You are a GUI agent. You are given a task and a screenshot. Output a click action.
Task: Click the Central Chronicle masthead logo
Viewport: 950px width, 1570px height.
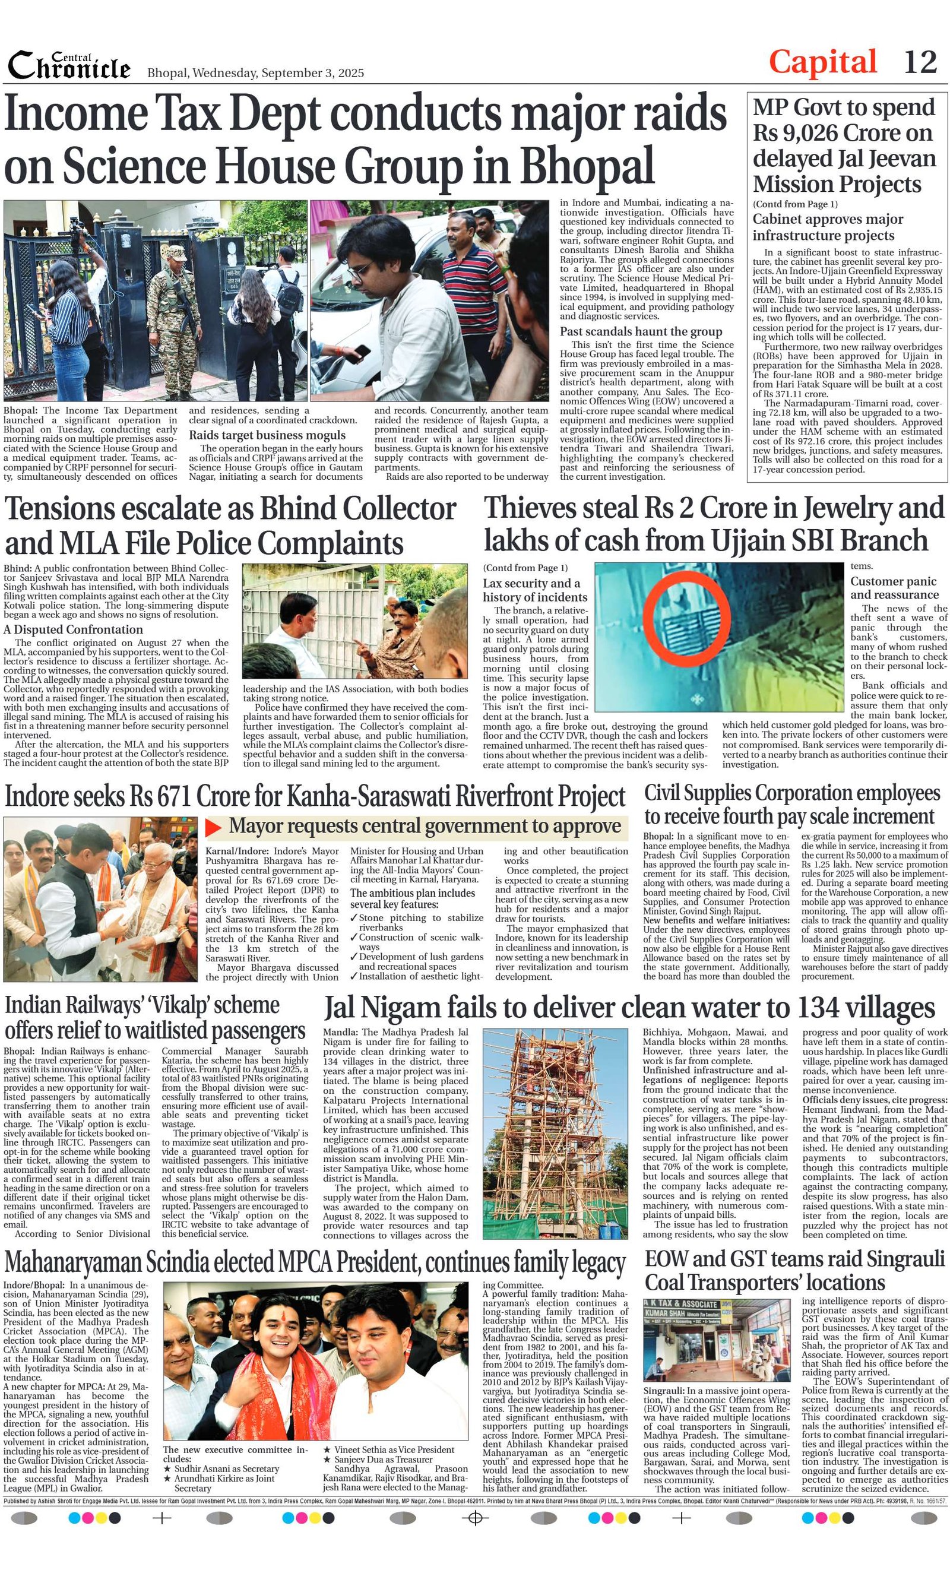69,66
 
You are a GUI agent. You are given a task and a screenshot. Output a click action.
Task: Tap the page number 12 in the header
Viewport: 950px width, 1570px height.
920,62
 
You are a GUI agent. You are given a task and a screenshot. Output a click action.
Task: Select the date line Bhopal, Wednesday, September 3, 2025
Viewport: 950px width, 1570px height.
255,72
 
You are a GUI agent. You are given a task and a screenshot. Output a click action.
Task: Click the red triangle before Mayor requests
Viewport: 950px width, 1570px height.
214,827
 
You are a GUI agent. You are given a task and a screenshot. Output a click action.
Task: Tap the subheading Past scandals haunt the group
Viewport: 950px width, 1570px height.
640,331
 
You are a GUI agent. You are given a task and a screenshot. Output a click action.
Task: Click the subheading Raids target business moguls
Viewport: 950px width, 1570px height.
267,435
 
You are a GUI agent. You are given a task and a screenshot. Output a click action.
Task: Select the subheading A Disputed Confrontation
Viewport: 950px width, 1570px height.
73,629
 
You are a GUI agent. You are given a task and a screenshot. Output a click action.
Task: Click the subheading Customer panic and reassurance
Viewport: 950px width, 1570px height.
893,587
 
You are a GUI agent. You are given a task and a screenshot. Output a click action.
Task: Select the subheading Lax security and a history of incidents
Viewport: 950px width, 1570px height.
534,590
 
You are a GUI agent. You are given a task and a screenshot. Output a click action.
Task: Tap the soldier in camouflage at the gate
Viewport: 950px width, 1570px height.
169,306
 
